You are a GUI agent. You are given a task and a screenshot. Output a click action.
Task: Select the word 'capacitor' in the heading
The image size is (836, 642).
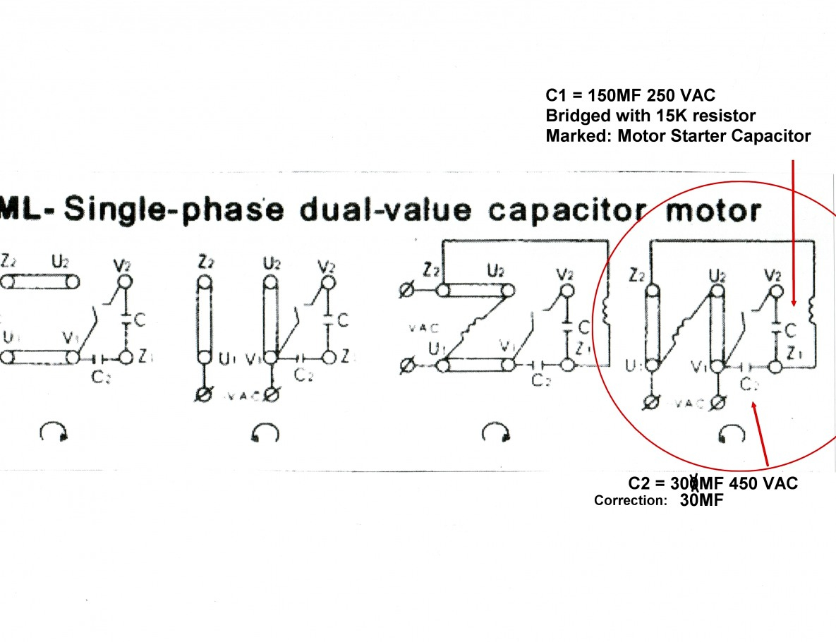pos(564,210)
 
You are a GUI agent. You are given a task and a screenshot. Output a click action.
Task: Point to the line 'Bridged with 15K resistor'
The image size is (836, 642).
pos(650,116)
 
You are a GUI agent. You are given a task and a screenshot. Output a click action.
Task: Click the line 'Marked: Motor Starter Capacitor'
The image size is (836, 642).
pos(678,136)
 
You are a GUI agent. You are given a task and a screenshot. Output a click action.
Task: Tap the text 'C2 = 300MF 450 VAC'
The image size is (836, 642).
pos(713,483)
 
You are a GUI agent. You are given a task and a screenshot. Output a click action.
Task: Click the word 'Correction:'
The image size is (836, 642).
pos(630,501)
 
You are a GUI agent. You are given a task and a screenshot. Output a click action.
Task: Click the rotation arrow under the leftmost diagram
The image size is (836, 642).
pos(53,432)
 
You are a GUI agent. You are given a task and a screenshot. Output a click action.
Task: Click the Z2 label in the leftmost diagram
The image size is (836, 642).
pos(8,260)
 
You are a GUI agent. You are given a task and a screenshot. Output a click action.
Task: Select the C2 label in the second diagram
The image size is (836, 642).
pos(304,376)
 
